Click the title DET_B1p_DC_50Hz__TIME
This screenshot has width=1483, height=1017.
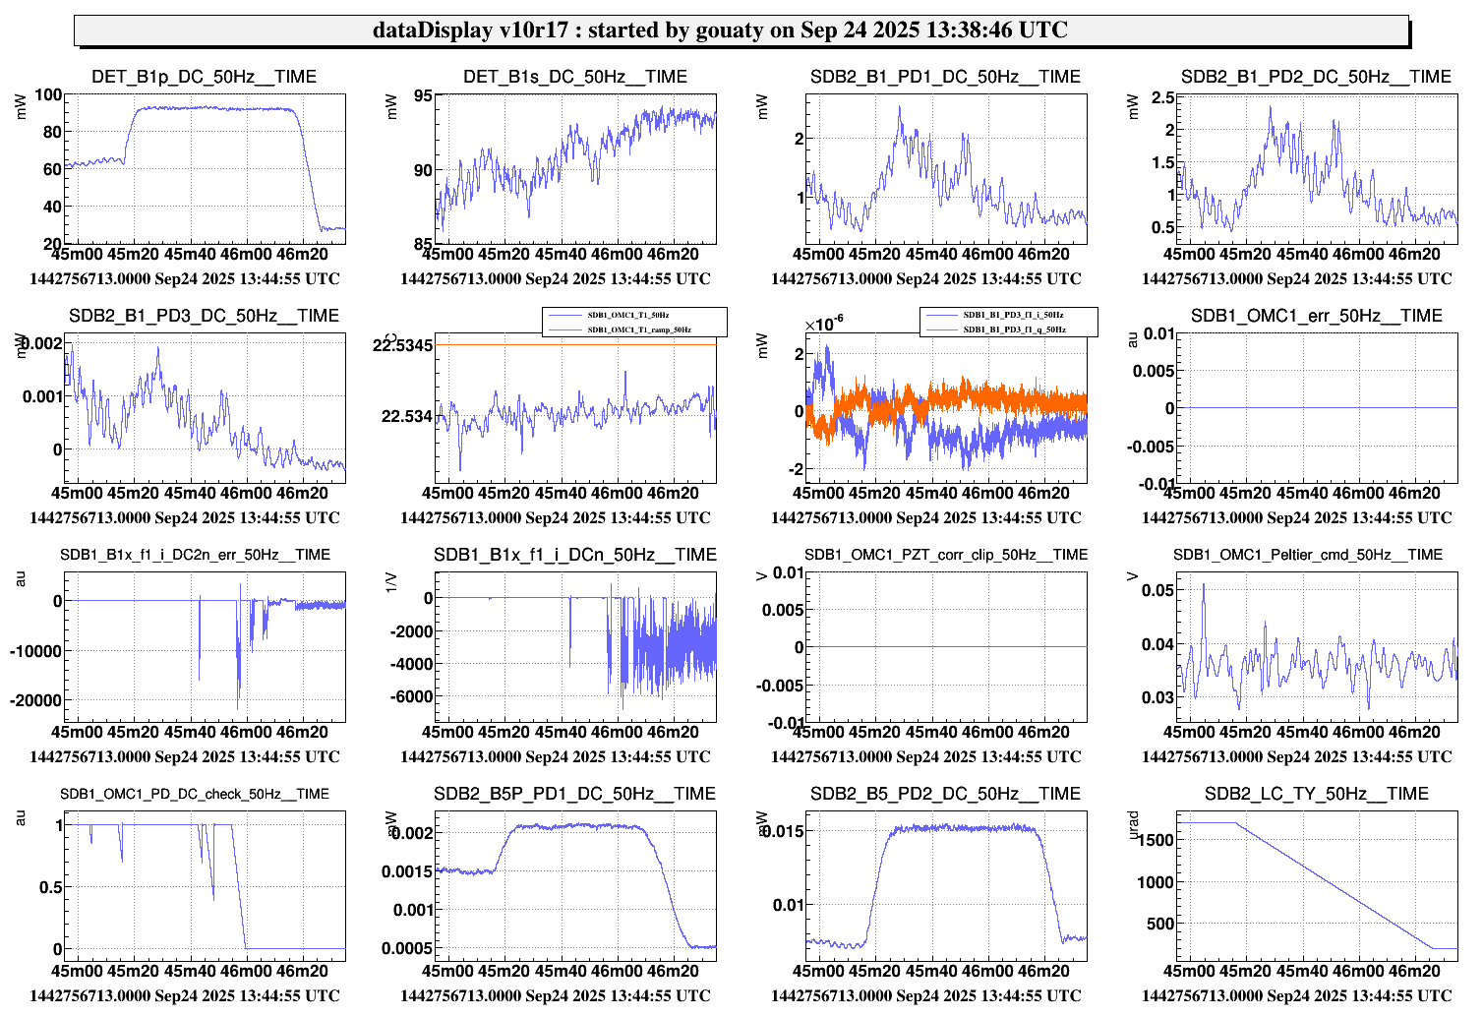(204, 77)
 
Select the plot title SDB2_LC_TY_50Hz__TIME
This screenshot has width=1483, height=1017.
(1316, 794)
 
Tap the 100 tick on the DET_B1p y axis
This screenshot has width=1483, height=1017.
(48, 95)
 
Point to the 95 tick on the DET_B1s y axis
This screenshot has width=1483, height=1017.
(423, 96)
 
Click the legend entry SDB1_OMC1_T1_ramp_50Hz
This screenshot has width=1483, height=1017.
(639, 329)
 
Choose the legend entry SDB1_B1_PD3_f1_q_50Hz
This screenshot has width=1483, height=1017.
(1014, 329)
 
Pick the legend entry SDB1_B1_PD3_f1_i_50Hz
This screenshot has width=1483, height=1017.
(1013, 315)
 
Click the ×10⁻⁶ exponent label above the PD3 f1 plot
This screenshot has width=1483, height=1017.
(823, 326)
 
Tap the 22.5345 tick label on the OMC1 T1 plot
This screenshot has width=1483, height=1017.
(402, 345)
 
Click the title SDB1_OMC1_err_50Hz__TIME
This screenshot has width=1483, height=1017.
(1316, 316)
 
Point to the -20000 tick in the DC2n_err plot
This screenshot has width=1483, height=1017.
(36, 700)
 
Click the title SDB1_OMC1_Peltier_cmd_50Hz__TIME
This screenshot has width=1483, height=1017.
(1307, 555)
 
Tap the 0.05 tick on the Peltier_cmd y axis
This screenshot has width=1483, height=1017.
(1157, 590)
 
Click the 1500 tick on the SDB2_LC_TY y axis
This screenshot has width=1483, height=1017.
(1155, 840)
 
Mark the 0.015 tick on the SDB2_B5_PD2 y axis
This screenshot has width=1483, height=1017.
(782, 831)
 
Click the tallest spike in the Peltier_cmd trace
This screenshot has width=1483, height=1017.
(1204, 585)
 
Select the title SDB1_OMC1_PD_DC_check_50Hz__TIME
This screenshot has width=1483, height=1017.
(195, 794)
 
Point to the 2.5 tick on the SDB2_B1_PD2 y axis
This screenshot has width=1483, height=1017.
(1162, 97)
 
